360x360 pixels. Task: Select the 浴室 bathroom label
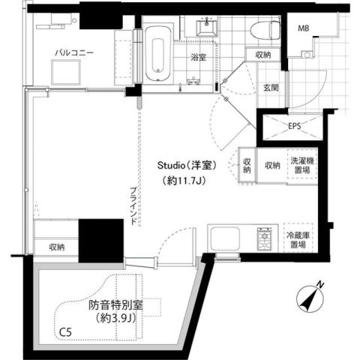(x=198, y=57)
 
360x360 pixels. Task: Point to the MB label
(x=304, y=29)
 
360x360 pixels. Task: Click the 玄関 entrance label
(x=271, y=88)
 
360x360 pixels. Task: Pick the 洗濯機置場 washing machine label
(x=302, y=164)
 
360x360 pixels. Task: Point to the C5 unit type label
(x=67, y=330)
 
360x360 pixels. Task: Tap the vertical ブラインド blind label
(x=132, y=205)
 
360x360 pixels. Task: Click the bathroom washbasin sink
(x=206, y=29)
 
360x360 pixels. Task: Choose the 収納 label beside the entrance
(x=262, y=55)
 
